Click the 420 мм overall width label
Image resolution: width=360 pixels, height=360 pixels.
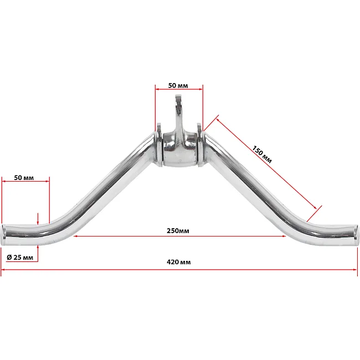179,262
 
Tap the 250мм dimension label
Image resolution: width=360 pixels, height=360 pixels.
178,231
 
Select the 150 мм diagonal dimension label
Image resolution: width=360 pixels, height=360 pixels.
262,155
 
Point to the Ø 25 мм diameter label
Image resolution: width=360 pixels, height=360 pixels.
20,258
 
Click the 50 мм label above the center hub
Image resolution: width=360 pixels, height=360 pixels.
178,86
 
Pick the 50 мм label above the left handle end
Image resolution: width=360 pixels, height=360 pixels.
24,178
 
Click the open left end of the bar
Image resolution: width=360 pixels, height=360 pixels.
3,235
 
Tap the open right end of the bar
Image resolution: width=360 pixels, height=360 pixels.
356,235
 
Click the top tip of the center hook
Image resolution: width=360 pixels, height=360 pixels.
178,96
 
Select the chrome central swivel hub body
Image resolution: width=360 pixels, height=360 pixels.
180,151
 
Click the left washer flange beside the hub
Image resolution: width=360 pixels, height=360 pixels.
159,145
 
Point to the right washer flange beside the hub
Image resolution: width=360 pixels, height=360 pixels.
200,145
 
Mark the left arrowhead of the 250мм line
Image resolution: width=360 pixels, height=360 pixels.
75,236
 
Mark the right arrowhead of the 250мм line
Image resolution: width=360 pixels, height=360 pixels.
284,236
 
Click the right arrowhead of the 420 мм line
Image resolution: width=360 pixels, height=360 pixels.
354,270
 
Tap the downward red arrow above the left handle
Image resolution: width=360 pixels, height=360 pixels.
38,219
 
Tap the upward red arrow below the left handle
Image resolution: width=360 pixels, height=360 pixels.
38,253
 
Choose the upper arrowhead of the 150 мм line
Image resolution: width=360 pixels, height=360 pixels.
218,120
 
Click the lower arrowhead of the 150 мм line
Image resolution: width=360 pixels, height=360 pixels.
315,208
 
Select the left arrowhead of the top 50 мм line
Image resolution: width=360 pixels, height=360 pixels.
157,89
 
